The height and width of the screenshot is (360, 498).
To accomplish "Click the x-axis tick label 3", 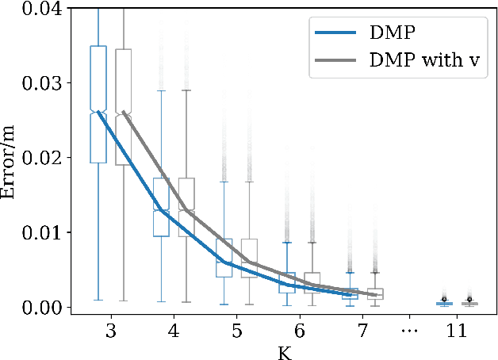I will pyautogui.click(x=110, y=331).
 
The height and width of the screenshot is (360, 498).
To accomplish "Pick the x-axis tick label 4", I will pyautogui.click(x=174, y=331).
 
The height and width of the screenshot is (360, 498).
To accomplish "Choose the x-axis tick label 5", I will pyautogui.click(x=236, y=331).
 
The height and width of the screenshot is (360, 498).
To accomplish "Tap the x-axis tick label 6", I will pyautogui.click(x=300, y=331).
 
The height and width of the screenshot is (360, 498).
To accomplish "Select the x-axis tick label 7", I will pyautogui.click(x=363, y=331).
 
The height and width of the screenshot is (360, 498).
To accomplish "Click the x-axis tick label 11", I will pyautogui.click(x=458, y=331).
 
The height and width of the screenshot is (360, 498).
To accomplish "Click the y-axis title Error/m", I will pyautogui.click(x=11, y=158).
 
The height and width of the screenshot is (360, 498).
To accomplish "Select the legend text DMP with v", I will pyautogui.click(x=425, y=60).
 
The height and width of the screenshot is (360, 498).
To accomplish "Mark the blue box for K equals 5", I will pyautogui.click(x=224, y=258).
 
